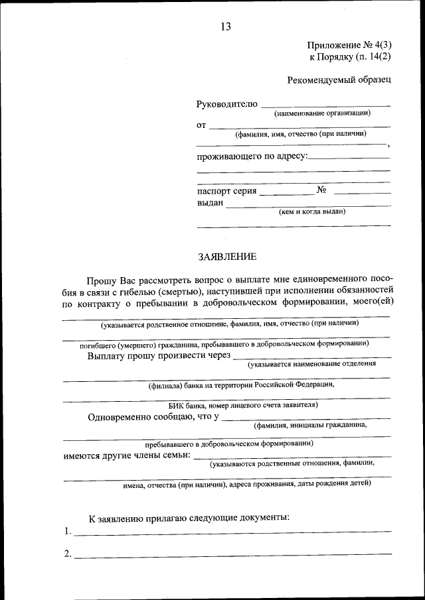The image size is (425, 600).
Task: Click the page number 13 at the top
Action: point(224,27)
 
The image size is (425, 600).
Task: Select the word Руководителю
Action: point(226,105)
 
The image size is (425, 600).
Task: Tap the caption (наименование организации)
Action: point(322,113)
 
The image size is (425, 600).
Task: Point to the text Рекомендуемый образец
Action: point(339,80)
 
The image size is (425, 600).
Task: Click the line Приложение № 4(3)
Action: point(349,45)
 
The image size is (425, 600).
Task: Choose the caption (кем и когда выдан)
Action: point(311,212)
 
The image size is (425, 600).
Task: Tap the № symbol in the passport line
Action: point(323,190)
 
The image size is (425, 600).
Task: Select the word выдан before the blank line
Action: point(210,203)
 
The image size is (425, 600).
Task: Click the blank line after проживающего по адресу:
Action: point(350,158)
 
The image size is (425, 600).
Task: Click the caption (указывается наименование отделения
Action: point(311,364)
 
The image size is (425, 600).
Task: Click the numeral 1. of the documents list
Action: point(68,532)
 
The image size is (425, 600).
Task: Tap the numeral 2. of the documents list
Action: point(68,554)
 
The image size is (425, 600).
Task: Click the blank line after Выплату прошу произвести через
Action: point(312,357)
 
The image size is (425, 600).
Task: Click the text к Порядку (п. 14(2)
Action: point(350,58)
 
